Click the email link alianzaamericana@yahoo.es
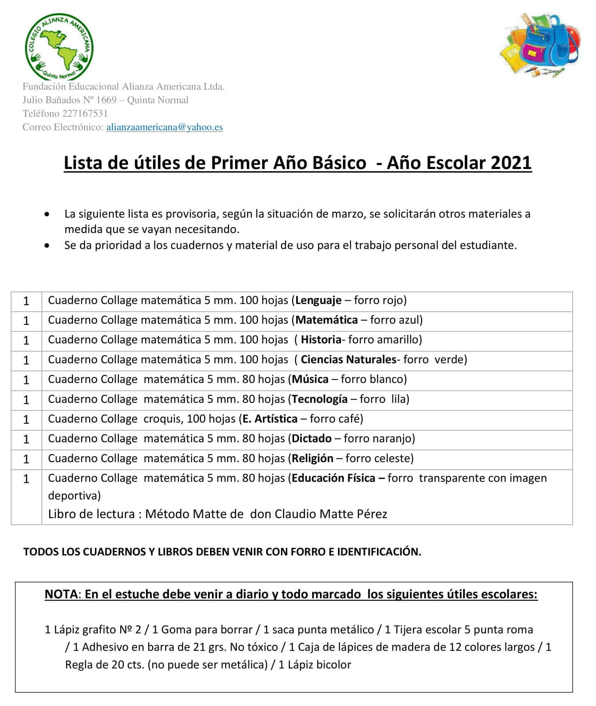click(164, 127)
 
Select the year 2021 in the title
click(511, 163)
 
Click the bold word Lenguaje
click(318, 300)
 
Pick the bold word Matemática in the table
click(327, 320)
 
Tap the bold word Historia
click(321, 340)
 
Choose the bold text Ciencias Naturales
click(348, 359)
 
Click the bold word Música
click(310, 379)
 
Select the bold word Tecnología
click(320, 399)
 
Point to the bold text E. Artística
click(270, 419)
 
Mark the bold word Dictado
click(312, 439)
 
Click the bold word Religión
click(313, 458)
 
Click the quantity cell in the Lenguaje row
click(26, 301)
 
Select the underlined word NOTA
click(61, 594)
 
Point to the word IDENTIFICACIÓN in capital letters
click(379, 552)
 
